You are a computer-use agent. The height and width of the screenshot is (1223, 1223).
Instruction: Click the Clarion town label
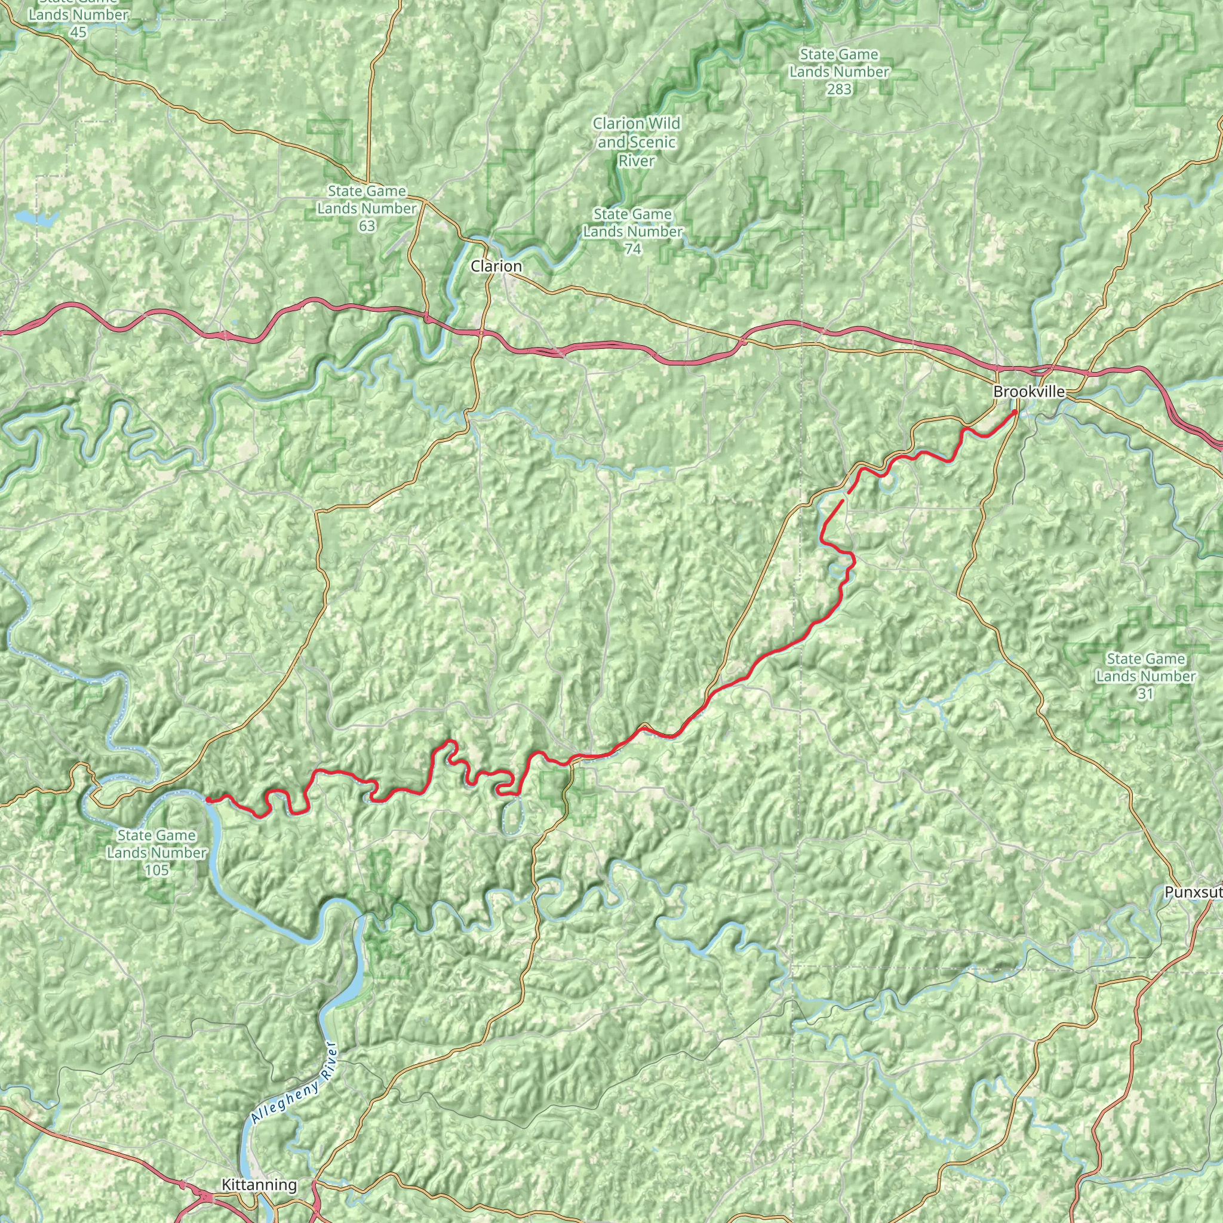coord(496,266)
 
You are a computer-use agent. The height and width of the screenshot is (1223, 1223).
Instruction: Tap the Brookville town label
coord(1029,392)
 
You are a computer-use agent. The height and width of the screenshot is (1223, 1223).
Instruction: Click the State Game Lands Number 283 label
coord(839,72)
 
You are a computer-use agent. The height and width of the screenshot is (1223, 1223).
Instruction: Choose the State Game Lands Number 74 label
coord(632,232)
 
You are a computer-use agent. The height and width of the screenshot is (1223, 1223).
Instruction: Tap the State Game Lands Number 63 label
coord(367,208)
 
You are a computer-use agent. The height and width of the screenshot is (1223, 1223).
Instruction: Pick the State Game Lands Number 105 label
coord(156,853)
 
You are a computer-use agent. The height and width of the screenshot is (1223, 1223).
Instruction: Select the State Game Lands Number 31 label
coord(1146,676)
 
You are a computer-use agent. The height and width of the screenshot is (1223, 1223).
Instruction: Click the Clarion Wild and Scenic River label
coord(636,142)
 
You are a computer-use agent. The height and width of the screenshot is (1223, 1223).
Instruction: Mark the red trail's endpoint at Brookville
coord(1015,412)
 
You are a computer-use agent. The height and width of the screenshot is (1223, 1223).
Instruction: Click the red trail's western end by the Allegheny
coord(208,800)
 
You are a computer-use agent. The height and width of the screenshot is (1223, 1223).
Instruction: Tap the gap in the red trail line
coord(844,496)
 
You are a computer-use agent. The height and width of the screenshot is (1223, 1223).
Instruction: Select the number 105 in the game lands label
coord(156,871)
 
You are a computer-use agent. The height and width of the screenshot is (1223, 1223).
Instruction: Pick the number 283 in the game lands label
coord(839,89)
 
